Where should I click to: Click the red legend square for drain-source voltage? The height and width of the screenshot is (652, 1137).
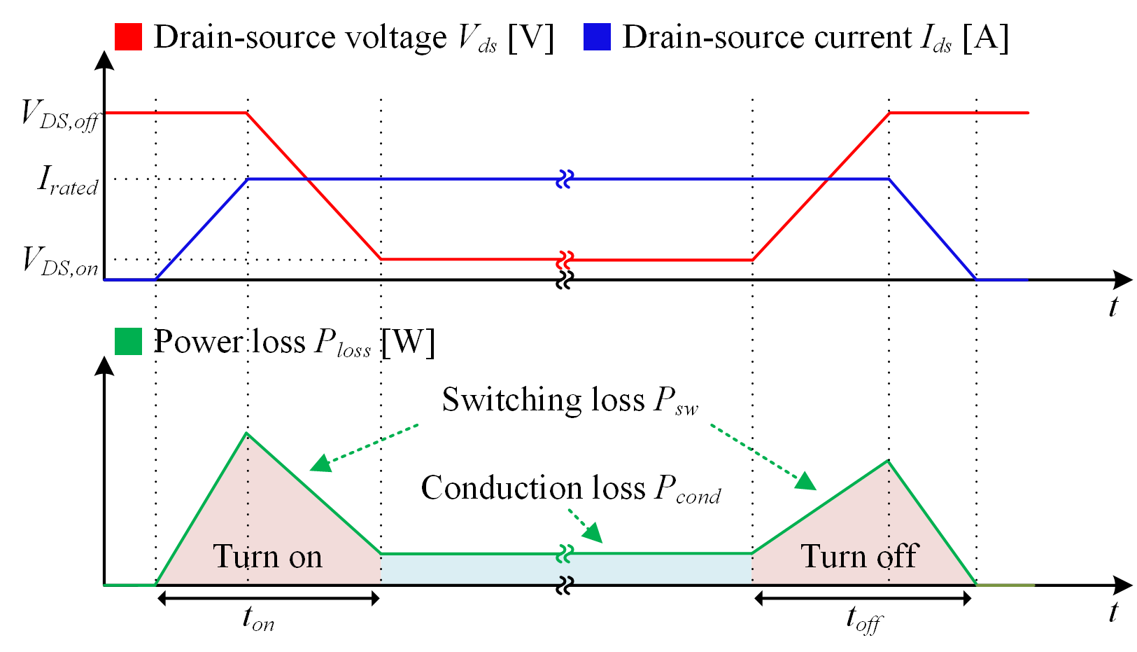click(x=128, y=36)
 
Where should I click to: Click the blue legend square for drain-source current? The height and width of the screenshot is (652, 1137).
click(x=597, y=36)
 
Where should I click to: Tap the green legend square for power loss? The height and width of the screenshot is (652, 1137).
click(x=128, y=341)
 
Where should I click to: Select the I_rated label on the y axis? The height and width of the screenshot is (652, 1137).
click(x=68, y=181)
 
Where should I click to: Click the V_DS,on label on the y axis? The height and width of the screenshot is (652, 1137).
click(x=60, y=262)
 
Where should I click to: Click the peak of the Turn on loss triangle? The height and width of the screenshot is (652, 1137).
click(x=247, y=433)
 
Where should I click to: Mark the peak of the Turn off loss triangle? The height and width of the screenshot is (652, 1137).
click(x=889, y=460)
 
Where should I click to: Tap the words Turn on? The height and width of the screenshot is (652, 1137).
click(x=267, y=557)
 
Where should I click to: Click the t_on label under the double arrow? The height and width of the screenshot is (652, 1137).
click(x=258, y=619)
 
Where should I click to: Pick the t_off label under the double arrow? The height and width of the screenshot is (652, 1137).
click(x=864, y=620)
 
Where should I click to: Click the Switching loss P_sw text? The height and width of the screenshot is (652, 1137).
click(x=570, y=401)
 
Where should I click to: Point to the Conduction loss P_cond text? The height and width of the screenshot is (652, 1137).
click(x=571, y=489)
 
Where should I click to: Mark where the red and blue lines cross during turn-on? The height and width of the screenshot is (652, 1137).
click(x=307, y=179)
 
